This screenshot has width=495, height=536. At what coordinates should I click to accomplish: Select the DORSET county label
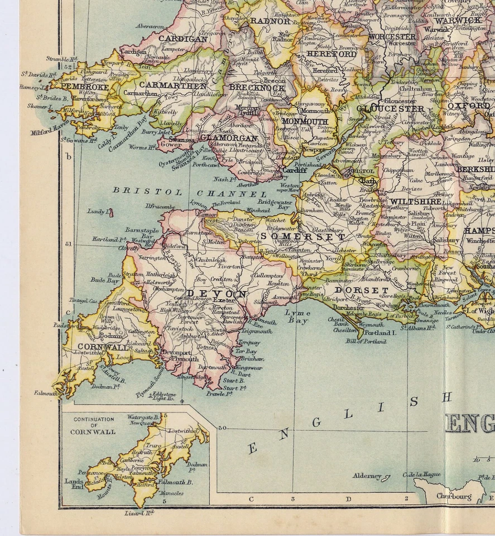coord(361,290)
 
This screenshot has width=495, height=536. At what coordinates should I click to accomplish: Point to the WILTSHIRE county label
coord(415,202)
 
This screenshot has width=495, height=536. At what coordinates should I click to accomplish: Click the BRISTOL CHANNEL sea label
coord(190,193)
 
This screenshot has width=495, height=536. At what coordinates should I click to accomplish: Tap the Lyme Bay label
coord(297,317)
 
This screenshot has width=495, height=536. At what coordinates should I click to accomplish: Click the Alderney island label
coord(367,476)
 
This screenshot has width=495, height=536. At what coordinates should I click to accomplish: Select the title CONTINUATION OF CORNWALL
coord(94,425)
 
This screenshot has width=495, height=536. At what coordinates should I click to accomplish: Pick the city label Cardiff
coord(294,171)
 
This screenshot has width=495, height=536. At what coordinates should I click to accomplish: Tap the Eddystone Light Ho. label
coord(164,396)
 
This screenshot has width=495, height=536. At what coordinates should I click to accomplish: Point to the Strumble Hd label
coord(61,58)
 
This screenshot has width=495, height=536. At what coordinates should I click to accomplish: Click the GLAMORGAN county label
coord(229,138)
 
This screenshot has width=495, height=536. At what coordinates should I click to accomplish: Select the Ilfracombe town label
coord(160,206)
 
